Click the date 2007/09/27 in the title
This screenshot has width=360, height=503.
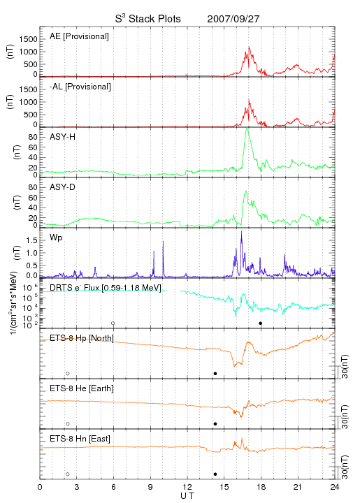(233, 19)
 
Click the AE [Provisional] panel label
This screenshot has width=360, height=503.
(79, 36)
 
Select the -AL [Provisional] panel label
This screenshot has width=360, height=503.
(80, 87)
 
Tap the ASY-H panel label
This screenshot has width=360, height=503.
(63, 137)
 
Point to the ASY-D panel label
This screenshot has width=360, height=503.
(63, 187)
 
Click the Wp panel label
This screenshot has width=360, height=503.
(56, 238)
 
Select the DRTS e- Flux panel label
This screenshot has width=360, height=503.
(106, 287)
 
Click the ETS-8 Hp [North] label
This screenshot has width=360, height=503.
(82, 338)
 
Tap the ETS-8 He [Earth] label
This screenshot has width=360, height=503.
(82, 388)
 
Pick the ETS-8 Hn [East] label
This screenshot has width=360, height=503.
(80, 439)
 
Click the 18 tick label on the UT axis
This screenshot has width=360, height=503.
(261, 487)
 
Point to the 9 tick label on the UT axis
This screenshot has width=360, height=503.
(150, 487)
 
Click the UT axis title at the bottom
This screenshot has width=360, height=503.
(187, 496)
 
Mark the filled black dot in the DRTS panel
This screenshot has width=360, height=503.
(261, 323)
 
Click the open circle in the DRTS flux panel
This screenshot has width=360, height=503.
(113, 323)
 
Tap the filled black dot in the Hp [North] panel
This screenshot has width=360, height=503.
(215, 373)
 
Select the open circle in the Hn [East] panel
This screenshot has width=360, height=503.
(68, 474)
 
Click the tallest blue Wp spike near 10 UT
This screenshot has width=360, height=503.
(163, 242)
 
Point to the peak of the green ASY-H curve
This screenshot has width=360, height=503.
(247, 129)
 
